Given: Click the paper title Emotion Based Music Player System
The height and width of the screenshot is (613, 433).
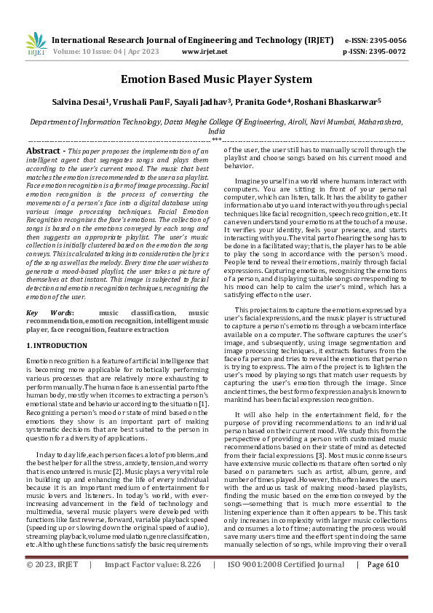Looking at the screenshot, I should click(x=216, y=80).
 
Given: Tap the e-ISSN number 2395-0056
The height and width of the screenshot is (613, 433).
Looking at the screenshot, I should click(x=385, y=40).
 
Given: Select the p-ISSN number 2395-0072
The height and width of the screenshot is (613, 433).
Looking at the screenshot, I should click(x=385, y=52).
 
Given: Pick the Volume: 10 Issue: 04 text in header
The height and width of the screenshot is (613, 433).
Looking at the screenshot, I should click(x=98, y=52).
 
